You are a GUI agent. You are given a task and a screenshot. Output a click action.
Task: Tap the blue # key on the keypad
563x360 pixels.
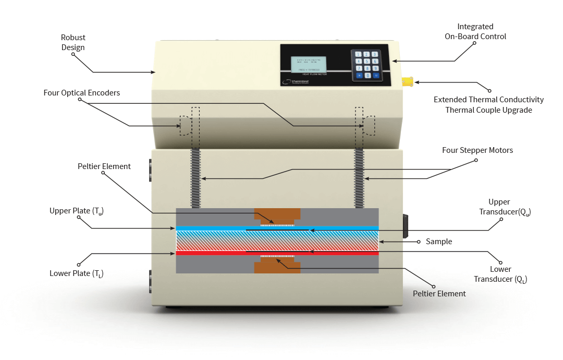coord(375,76)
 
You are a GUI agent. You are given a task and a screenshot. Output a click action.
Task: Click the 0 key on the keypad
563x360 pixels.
coord(367,76)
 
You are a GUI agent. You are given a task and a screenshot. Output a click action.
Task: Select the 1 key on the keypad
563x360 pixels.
coord(358,54)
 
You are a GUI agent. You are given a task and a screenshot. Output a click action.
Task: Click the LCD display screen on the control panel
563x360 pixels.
coord(308,64)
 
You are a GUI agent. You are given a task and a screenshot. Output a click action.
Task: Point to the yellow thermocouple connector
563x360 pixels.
coord(408,82)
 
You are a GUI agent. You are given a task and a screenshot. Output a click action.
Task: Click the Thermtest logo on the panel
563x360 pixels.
coord(295,81)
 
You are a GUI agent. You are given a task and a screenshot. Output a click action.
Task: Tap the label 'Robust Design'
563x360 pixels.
coord(73,43)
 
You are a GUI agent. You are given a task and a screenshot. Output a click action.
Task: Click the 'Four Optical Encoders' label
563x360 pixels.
coord(82,93)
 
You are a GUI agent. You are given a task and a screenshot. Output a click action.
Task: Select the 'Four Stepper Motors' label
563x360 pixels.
coord(478,150)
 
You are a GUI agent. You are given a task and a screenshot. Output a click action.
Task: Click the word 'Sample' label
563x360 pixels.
coord(438,242)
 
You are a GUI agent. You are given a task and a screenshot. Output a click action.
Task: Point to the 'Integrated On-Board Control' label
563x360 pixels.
coord(475,32)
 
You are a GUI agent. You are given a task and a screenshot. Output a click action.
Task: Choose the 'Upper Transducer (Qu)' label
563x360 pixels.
coord(503,207)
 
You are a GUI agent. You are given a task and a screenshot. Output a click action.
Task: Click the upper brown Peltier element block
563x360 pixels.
coord(277,215)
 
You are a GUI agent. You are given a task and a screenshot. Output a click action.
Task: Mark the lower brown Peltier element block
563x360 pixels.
coord(277,266)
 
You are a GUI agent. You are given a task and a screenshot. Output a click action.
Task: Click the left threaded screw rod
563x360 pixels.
coord(195,177)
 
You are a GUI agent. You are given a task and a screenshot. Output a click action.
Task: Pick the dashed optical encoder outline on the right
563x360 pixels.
coord(369,125)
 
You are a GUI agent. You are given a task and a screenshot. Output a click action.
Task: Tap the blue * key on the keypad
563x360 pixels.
coord(359,76)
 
